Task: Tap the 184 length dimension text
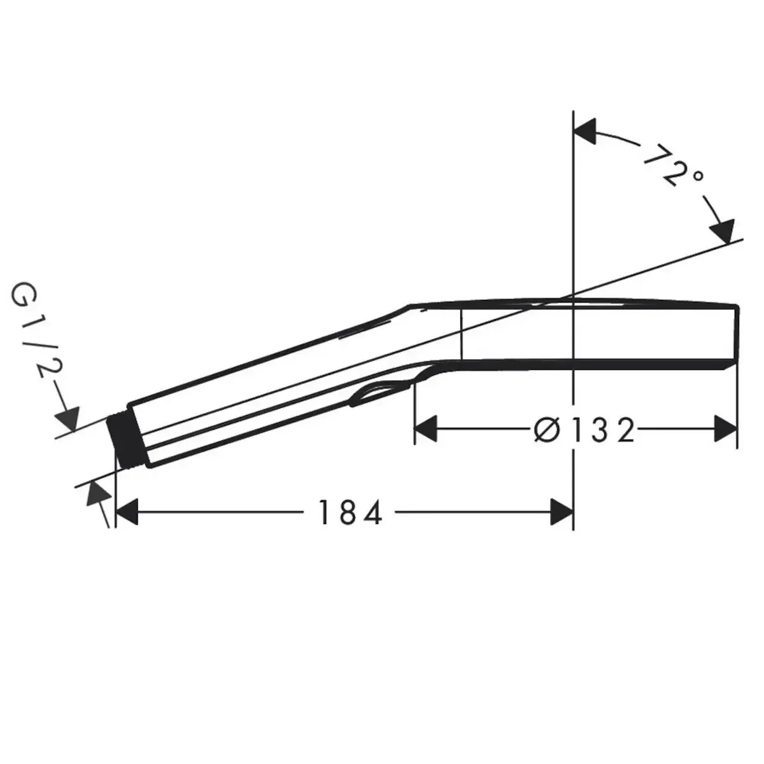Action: [x=350, y=513]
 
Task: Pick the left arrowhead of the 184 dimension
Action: [x=126, y=512]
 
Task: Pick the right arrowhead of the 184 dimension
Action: [x=562, y=512]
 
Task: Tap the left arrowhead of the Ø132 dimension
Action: [x=426, y=428]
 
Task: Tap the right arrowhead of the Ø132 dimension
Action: [x=726, y=428]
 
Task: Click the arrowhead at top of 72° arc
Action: [x=585, y=131]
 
